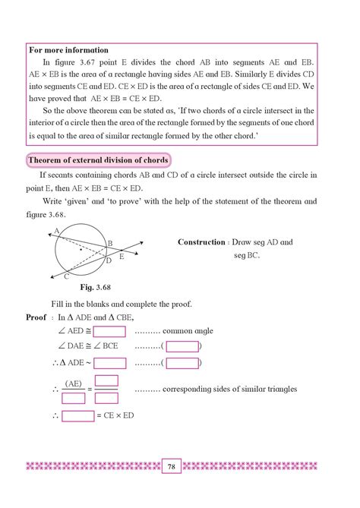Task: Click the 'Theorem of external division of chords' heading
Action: tap(97, 161)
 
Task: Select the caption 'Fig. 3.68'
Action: tap(96, 289)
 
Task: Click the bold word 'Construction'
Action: tap(201, 242)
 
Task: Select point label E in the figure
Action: tap(122, 257)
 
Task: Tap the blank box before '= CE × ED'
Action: tap(77, 416)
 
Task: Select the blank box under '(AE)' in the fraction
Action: tap(74, 397)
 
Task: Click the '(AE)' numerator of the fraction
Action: tap(74, 383)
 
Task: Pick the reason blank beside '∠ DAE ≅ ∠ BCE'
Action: tap(182, 347)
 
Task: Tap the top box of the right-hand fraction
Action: tap(107, 381)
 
